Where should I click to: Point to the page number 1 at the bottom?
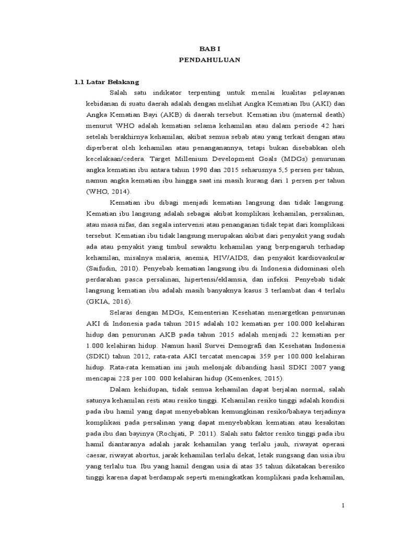coord(343,506)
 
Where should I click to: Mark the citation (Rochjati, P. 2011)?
coord(198,433)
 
